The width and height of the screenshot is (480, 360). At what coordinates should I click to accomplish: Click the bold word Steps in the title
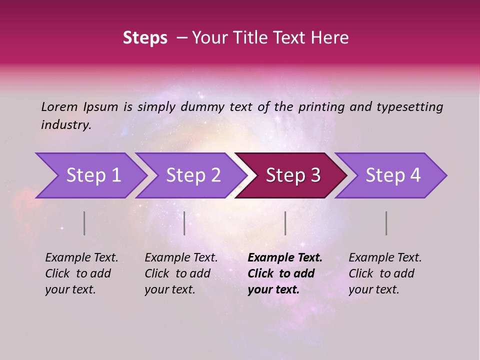tap(145, 38)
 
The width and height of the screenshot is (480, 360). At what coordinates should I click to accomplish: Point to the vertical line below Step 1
tap(84, 223)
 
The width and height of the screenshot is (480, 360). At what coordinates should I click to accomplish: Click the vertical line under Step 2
tap(184, 223)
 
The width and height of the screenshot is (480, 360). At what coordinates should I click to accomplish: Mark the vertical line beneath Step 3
tap(285, 223)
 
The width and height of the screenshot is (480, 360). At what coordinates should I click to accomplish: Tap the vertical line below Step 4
tap(386, 223)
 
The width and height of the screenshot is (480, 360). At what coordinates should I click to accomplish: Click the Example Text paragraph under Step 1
tap(81, 273)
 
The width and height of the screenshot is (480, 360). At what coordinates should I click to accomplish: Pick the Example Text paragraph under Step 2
tap(181, 273)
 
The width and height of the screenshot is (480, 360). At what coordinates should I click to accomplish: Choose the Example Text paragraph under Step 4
tap(385, 273)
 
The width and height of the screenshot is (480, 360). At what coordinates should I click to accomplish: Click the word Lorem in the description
tap(59, 107)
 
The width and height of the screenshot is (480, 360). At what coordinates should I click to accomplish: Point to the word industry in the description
tap(65, 125)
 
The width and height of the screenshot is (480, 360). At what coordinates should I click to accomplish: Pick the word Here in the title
tap(331, 38)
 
